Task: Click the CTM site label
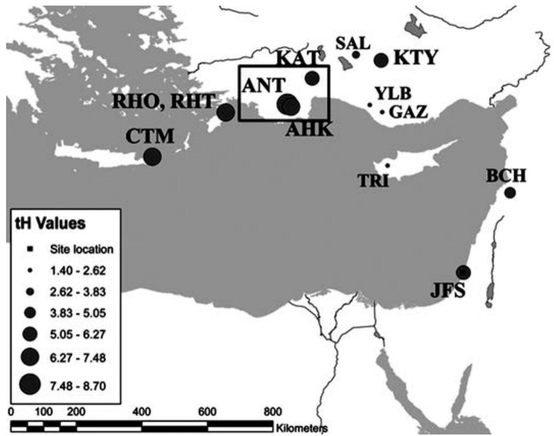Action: [150, 137]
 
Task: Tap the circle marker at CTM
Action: [152, 157]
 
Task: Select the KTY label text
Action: [415, 59]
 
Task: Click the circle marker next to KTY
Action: [381, 61]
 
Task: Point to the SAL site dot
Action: [356, 55]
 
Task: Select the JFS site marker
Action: [463, 272]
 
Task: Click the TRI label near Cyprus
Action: [374, 180]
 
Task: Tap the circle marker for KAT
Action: [312, 78]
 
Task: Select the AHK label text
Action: [309, 130]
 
